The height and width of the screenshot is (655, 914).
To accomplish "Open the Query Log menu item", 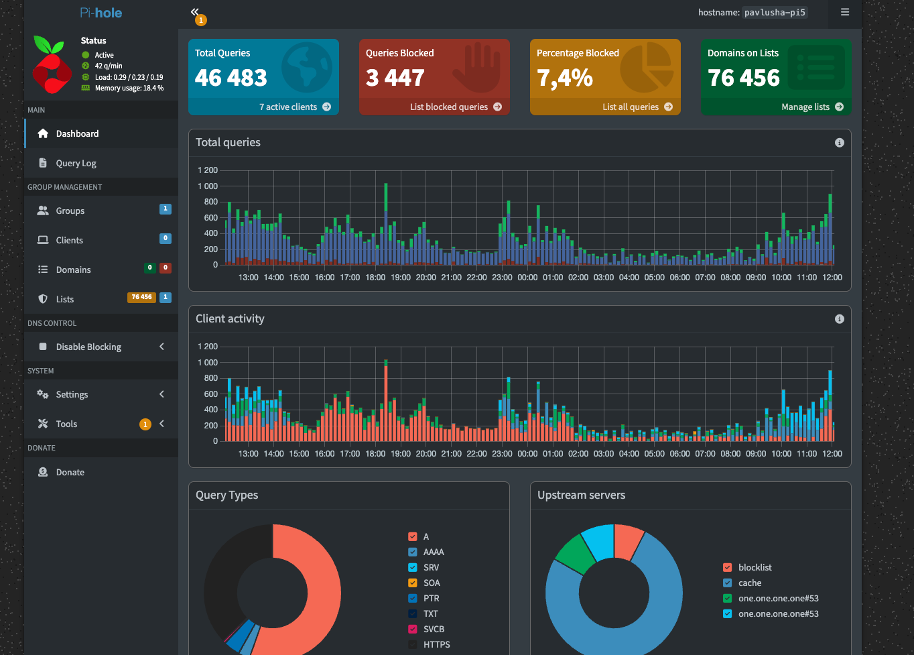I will coord(76,163).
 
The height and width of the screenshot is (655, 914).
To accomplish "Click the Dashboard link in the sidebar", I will coord(77,133).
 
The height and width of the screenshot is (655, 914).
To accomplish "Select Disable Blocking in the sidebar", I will coord(88,347).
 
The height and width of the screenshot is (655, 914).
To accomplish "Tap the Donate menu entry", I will coord(70,472).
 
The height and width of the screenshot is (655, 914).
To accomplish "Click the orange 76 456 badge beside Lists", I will coord(141,297).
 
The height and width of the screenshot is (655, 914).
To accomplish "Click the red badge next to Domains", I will coord(166,267).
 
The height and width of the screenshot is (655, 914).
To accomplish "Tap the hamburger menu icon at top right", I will coord(845,12).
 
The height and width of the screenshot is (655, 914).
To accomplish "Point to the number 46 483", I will coord(231,78).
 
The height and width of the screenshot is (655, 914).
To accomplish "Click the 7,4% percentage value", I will coord(565,78).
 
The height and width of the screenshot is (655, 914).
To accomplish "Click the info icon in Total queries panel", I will coord(839,143).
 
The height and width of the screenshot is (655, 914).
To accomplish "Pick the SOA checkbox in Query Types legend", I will coord(413,583).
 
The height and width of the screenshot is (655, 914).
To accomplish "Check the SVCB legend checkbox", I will coord(413,629).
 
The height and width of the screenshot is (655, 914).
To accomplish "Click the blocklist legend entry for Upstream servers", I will coord(755,567).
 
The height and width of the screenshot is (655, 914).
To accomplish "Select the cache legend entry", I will coord(749,583).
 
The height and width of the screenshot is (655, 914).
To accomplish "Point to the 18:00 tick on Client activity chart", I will coord(375,453).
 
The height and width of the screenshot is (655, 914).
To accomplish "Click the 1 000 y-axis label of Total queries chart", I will coord(207,186).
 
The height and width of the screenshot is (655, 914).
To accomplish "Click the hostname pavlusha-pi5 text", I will coord(775,12).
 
